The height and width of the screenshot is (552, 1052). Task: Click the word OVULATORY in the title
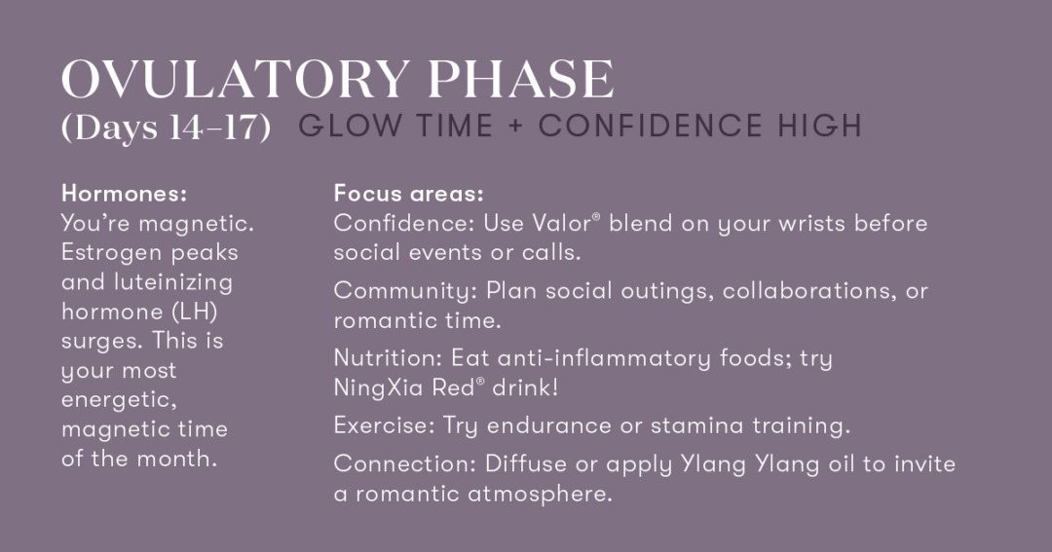click(236, 79)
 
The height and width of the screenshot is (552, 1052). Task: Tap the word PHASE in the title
click(520, 79)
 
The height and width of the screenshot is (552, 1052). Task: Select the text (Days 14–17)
click(166, 127)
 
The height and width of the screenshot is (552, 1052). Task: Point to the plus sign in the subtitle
click(515, 127)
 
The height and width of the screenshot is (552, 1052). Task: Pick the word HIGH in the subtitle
click(819, 127)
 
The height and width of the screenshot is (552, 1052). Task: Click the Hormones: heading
click(124, 194)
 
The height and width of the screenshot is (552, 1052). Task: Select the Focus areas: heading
click(408, 194)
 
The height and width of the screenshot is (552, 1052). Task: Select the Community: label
click(406, 291)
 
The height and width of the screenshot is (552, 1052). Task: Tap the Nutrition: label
click(388, 358)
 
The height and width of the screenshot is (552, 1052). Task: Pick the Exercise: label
click(385, 425)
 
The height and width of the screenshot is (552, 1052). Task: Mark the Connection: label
click(405, 463)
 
